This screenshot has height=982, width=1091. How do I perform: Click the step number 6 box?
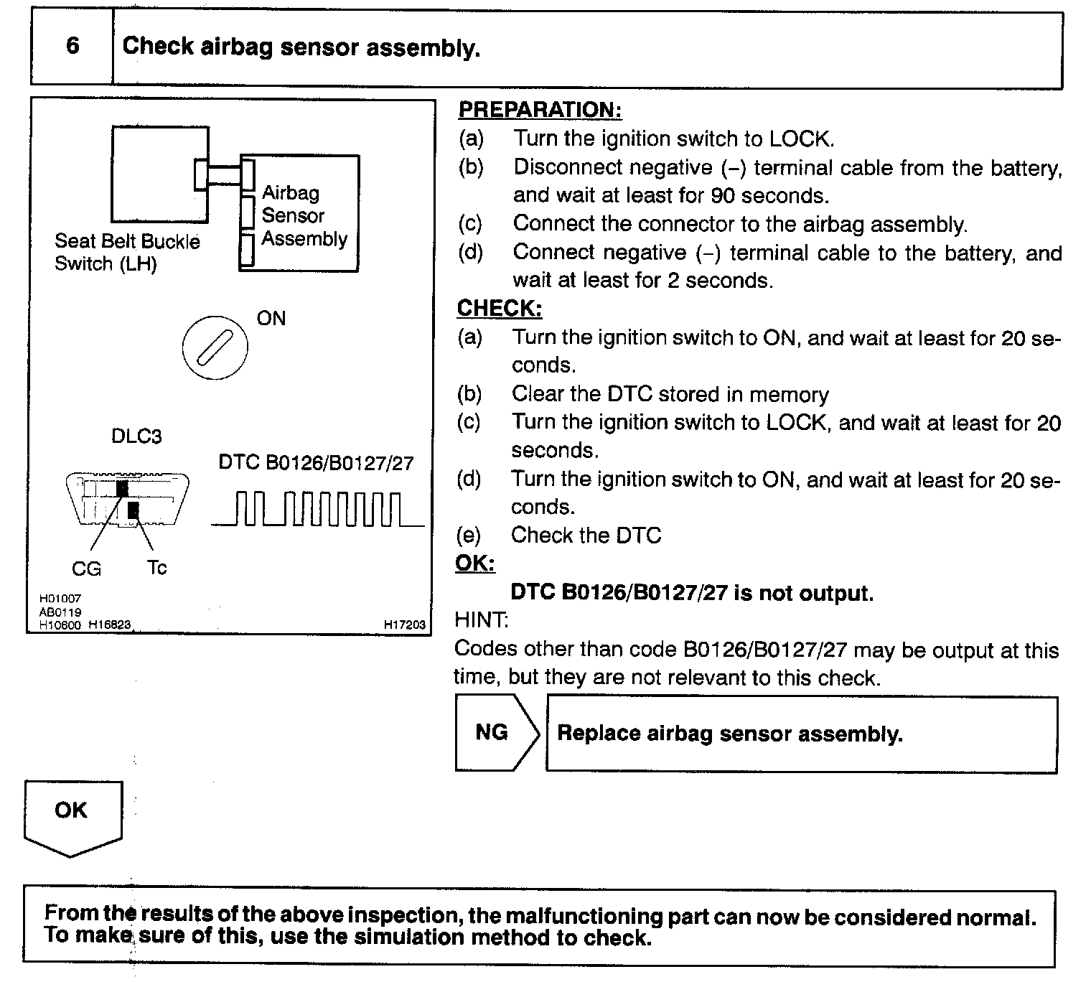[72, 47]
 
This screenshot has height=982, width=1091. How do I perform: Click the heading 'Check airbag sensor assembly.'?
[301, 47]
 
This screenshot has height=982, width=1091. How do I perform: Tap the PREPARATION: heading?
[540, 110]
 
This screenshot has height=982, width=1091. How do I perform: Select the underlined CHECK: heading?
[499, 309]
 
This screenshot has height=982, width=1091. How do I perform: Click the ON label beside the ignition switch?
[271, 318]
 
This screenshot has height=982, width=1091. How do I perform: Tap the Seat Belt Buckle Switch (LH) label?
[127, 252]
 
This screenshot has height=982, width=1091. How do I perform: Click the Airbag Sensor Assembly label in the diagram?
[304, 215]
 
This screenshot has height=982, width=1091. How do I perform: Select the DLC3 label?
[136, 436]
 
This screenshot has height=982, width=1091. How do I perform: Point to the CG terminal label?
[86, 569]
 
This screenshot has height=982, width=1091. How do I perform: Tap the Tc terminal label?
[156, 568]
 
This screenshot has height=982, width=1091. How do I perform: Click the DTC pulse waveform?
[317, 509]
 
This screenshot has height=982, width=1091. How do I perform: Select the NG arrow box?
[495, 733]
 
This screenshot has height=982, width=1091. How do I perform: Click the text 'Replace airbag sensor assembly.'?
[729, 734]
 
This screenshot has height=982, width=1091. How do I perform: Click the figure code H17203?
[405, 625]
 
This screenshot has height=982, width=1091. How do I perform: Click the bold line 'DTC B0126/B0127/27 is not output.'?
[692, 593]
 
